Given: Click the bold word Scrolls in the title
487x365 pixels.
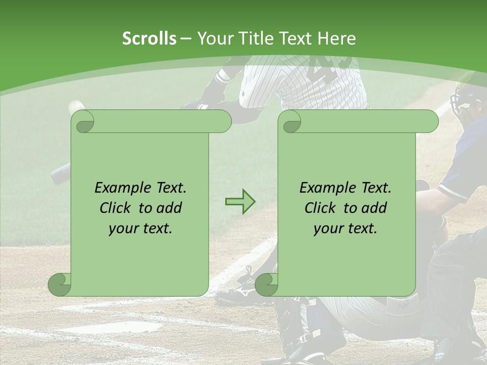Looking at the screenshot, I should pos(149,39).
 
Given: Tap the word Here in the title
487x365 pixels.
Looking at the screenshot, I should pos(336,39).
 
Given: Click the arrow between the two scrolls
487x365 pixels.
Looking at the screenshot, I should pos(240,202).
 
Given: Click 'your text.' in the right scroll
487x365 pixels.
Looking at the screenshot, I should pos(345,228).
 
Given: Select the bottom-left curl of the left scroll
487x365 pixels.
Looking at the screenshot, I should pos(60,285).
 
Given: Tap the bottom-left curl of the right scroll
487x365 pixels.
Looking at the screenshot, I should pos(267,285).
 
